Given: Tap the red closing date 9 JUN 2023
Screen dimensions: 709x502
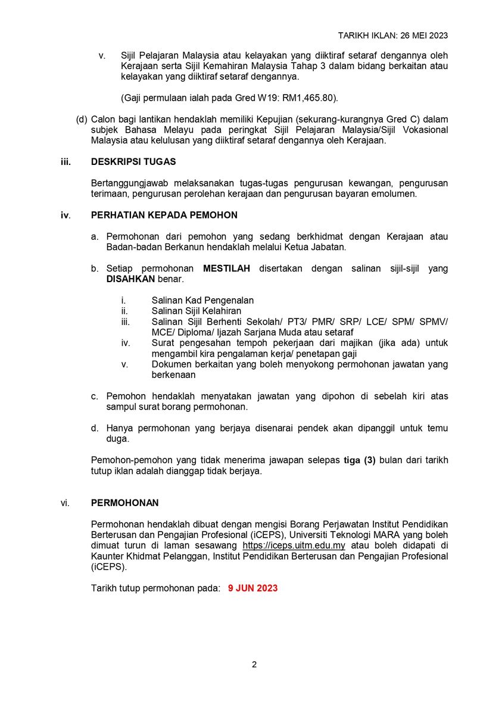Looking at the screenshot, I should coord(252,588).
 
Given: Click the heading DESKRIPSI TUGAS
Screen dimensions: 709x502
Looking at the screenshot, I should coord(133,162).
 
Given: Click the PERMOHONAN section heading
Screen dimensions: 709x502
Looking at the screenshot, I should coord(124,503).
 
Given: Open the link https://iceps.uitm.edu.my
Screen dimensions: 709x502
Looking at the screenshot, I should coord(294,545).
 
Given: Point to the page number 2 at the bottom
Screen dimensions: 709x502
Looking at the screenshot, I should coord(254,665).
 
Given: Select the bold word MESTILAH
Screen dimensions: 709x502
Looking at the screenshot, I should coord(226,268).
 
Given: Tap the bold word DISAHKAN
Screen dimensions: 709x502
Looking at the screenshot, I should coord(130,279).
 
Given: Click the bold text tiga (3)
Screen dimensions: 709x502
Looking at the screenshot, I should coord(360,460).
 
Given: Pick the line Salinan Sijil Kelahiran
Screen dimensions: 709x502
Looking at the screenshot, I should coord(196,311).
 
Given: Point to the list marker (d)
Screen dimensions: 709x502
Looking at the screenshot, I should coord(82,119).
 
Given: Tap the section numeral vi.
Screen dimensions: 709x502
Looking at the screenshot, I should coord(65,503).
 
